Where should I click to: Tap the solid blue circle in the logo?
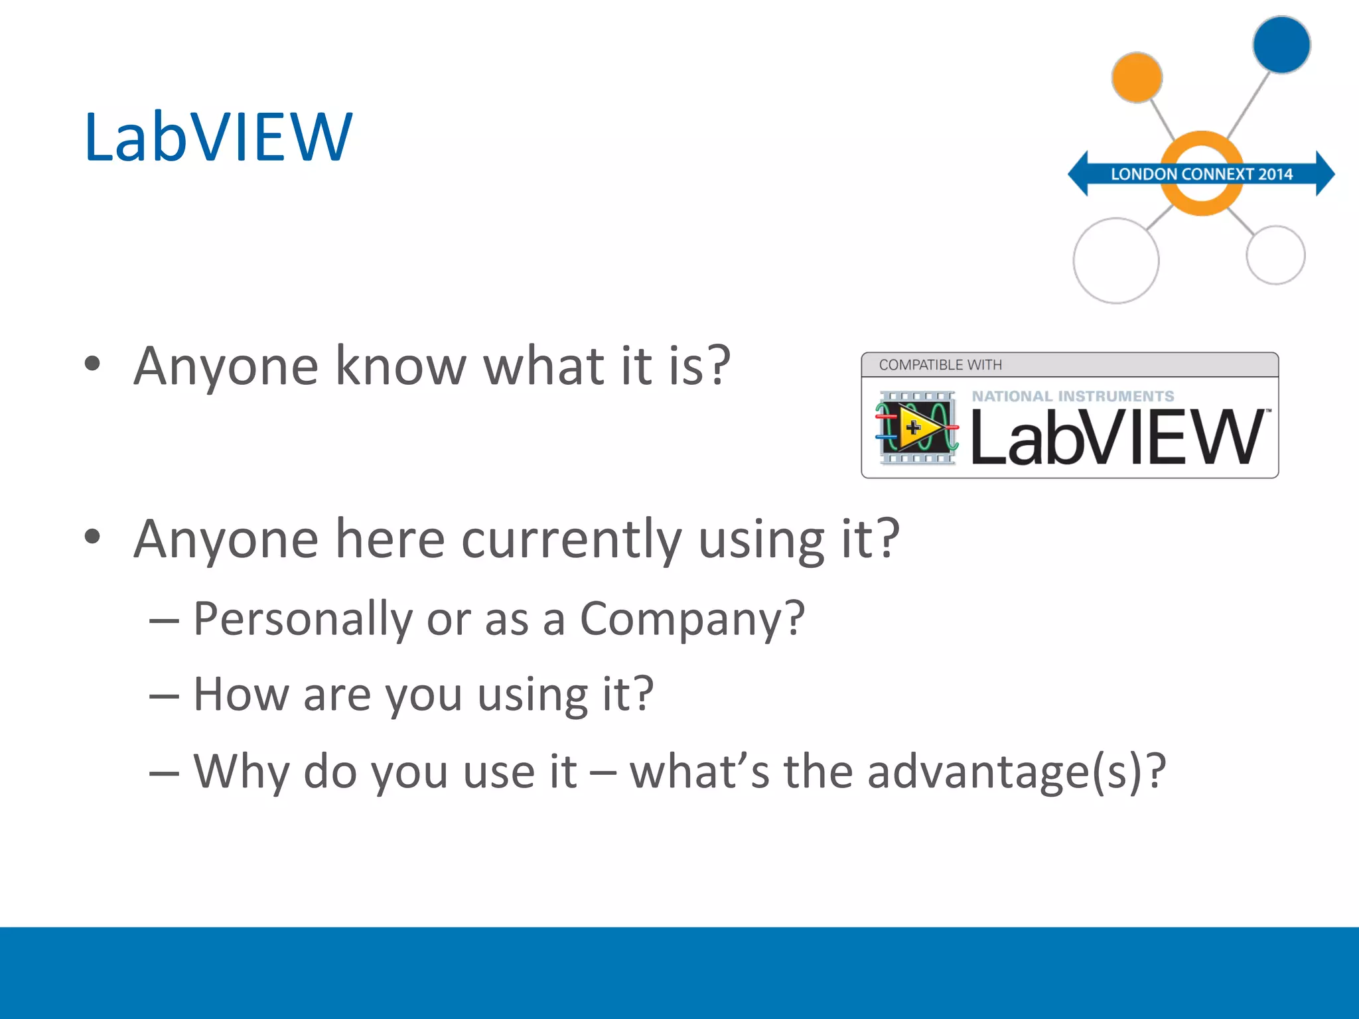[1281, 45]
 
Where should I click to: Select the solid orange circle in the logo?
[1137, 78]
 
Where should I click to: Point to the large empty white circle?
[1116, 261]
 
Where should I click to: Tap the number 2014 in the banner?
[1275, 174]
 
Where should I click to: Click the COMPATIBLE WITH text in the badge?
[940, 365]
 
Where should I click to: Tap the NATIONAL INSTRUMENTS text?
[1073, 396]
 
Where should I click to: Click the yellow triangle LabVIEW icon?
[916, 428]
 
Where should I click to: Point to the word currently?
[571, 539]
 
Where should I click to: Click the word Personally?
[303, 619]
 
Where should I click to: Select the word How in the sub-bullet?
[241, 695]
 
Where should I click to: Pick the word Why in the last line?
[241, 772]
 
